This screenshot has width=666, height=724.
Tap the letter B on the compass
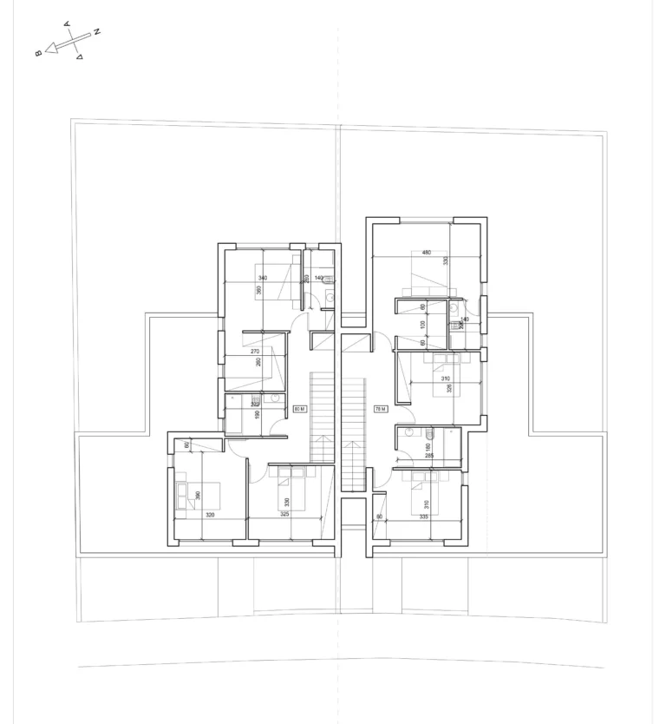tap(38, 54)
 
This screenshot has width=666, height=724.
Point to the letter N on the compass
tap(97, 32)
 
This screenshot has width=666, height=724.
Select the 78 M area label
tap(380, 407)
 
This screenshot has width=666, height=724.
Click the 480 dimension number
tap(426, 253)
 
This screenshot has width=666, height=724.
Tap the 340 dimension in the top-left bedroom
tap(263, 278)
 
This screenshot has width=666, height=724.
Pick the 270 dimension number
tap(255, 352)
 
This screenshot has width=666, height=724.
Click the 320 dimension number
tap(210, 515)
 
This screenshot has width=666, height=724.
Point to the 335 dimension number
tap(423, 515)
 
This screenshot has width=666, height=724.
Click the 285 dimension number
tap(428, 454)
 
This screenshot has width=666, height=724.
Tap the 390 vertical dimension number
tap(199, 495)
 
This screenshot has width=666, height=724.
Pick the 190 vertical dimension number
tap(257, 414)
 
